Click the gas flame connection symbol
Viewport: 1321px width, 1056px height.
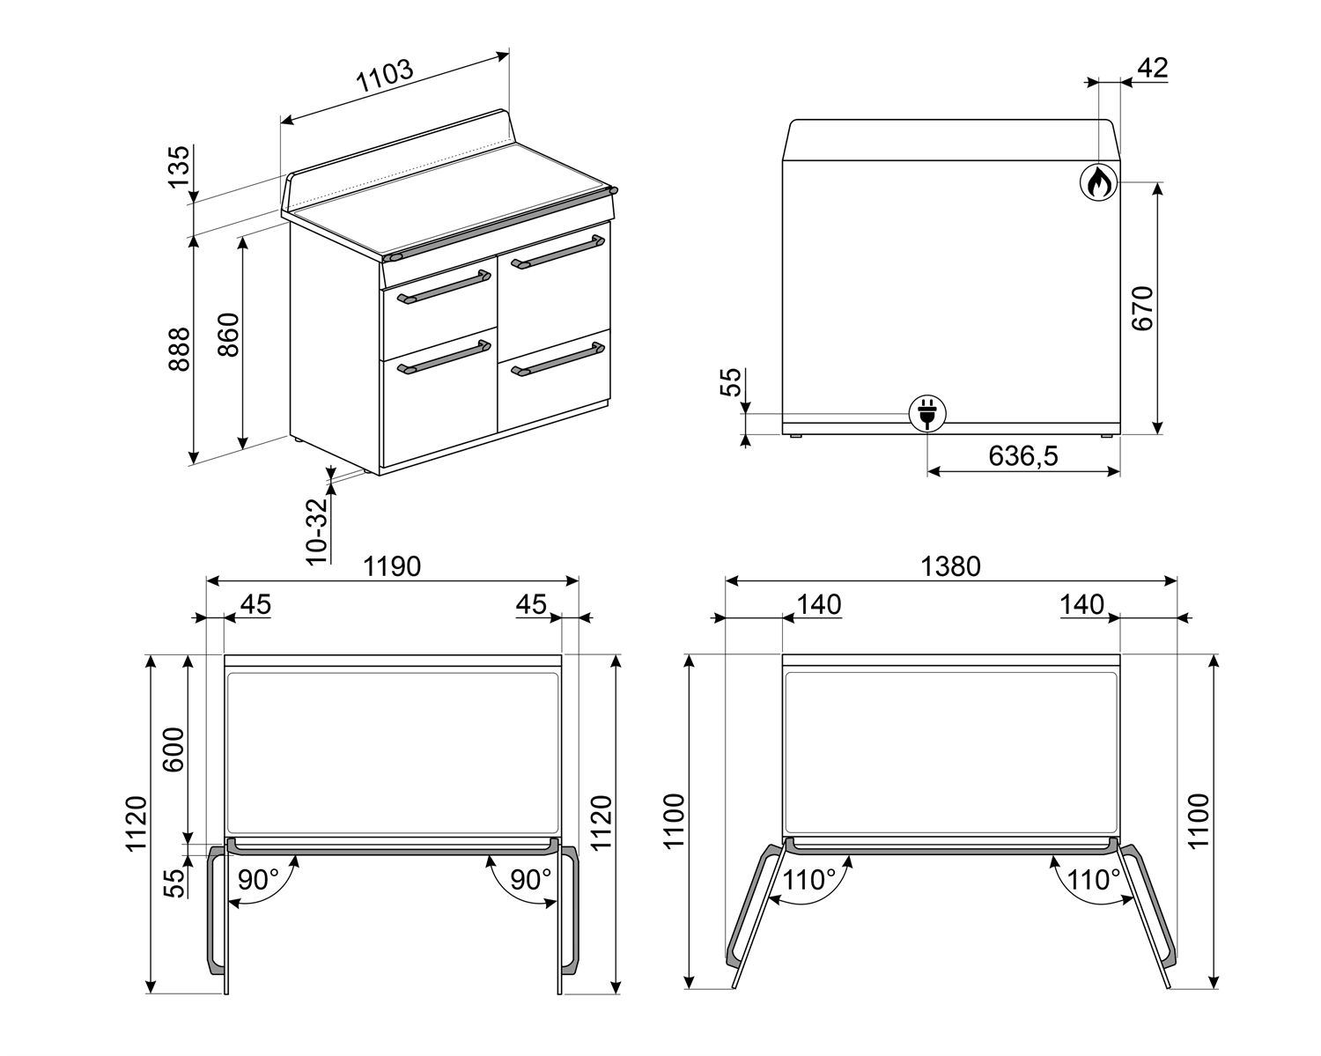tap(1099, 182)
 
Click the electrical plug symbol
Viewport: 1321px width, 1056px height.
tap(927, 412)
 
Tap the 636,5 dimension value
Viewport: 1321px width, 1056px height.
tap(1022, 455)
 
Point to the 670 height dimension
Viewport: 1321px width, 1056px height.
tap(1141, 307)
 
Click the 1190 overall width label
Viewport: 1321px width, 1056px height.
tap(393, 566)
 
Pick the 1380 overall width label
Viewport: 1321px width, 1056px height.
tap(950, 566)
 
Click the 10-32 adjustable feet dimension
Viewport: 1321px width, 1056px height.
tap(317, 529)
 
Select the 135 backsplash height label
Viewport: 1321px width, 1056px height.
tap(179, 166)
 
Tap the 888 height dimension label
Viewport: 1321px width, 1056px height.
tap(179, 349)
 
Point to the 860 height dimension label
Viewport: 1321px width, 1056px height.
tap(227, 335)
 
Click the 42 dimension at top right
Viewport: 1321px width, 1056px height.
tap(1152, 68)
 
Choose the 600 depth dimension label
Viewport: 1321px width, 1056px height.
tap(174, 749)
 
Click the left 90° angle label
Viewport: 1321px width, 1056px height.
tap(258, 880)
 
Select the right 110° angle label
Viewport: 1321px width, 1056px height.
tap(1094, 880)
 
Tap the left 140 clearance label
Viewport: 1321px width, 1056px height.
tap(819, 605)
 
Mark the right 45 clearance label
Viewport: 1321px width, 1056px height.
tap(531, 605)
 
